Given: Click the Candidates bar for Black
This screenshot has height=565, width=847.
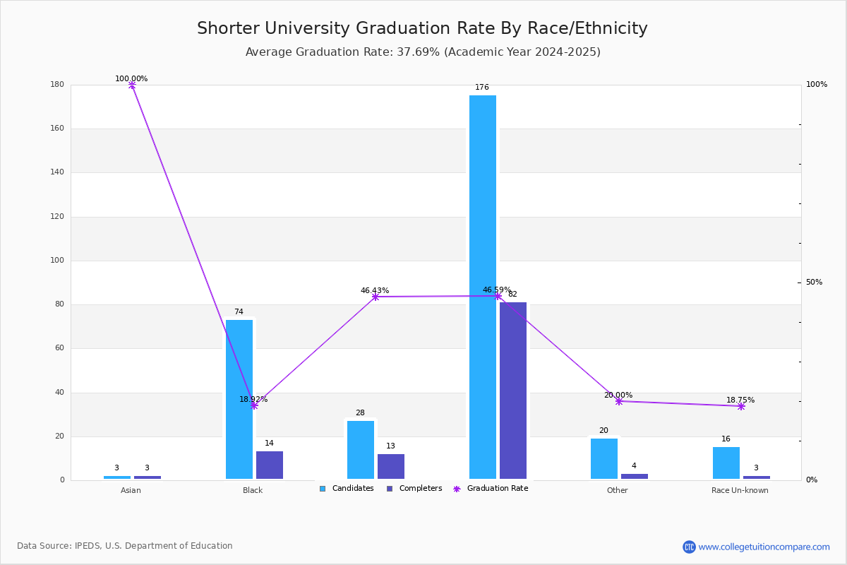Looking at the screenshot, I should [x=239, y=399].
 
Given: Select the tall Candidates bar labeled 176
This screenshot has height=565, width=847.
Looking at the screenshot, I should [x=483, y=287].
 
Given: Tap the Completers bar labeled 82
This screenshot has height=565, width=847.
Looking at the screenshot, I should [x=513, y=391].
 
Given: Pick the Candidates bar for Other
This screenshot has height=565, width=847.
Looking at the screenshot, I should [x=604, y=458].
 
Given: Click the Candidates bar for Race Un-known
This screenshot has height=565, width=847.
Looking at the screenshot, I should [x=726, y=463].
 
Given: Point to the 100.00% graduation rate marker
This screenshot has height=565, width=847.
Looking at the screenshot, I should [x=132, y=85].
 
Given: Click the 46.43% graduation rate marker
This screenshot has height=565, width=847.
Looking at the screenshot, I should [x=376, y=297].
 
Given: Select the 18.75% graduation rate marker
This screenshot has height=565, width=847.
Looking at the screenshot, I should [x=741, y=406].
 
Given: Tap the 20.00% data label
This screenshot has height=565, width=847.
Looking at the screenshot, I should [x=618, y=395].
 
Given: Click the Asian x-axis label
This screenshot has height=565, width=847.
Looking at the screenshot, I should [x=131, y=490].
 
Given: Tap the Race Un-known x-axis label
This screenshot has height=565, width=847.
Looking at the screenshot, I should [x=740, y=490].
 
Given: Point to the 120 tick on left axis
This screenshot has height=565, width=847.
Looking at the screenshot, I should [x=57, y=217].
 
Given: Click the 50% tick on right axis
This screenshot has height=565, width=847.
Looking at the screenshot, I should [x=814, y=282].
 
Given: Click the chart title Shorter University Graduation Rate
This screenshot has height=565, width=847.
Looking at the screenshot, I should [x=422, y=28].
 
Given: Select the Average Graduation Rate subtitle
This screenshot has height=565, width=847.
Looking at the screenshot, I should [x=423, y=52].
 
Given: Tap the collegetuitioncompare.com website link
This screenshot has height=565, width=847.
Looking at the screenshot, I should [x=764, y=547].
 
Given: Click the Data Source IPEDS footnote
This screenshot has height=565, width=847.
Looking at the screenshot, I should [x=125, y=546].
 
